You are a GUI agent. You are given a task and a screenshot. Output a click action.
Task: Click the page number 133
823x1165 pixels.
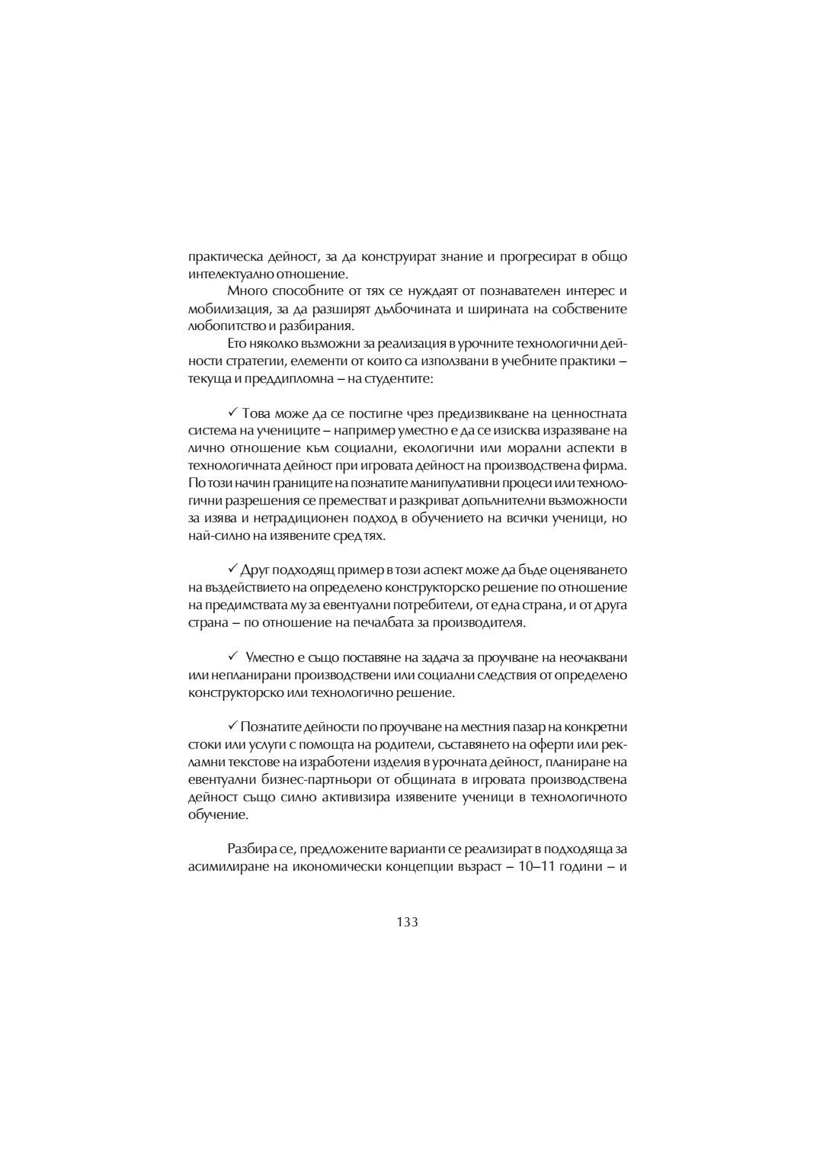coord(407,921)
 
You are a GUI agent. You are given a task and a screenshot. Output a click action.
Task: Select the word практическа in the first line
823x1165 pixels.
coord(219,257)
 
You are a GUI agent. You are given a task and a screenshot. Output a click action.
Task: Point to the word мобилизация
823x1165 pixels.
coord(226,310)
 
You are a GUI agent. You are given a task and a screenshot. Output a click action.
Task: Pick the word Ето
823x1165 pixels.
coord(235,345)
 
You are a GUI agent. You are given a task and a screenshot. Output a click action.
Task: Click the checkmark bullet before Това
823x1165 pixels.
coord(232,413)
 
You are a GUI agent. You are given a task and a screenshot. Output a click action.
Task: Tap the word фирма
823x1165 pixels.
coord(608,465)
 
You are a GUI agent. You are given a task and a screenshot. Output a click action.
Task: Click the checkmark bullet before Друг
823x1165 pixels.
coord(232,570)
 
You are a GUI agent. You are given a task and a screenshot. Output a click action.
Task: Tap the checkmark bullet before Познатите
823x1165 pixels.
coord(232,726)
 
